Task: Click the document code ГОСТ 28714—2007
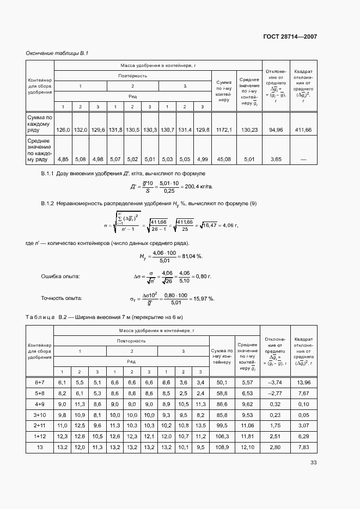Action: click(x=291, y=36)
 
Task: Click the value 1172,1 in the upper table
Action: click(x=224, y=130)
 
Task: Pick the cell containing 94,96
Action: click(x=276, y=130)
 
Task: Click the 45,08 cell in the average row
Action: click(x=224, y=160)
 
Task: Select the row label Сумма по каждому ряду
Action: click(x=40, y=123)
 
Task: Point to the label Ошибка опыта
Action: click(x=60, y=277)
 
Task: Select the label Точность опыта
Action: click(x=62, y=298)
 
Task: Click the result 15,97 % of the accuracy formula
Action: click(x=203, y=298)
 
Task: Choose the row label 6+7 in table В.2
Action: click(x=39, y=383)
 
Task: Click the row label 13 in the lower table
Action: click(x=39, y=447)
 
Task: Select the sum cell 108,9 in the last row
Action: click(x=223, y=447)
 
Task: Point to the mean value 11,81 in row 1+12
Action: click(x=248, y=436)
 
